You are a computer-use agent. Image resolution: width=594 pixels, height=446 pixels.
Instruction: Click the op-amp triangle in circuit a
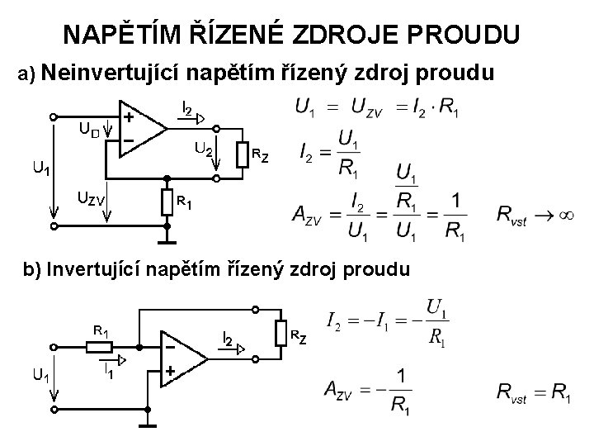coord(142,128)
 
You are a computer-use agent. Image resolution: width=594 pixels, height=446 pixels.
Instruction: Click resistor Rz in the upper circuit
coord(243,154)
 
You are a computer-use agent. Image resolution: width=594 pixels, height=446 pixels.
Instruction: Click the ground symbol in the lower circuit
coord(148,423)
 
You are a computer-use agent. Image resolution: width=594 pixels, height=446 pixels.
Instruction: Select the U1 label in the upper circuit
coord(40,168)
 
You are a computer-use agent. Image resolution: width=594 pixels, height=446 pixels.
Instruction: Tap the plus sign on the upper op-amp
coord(130,117)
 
